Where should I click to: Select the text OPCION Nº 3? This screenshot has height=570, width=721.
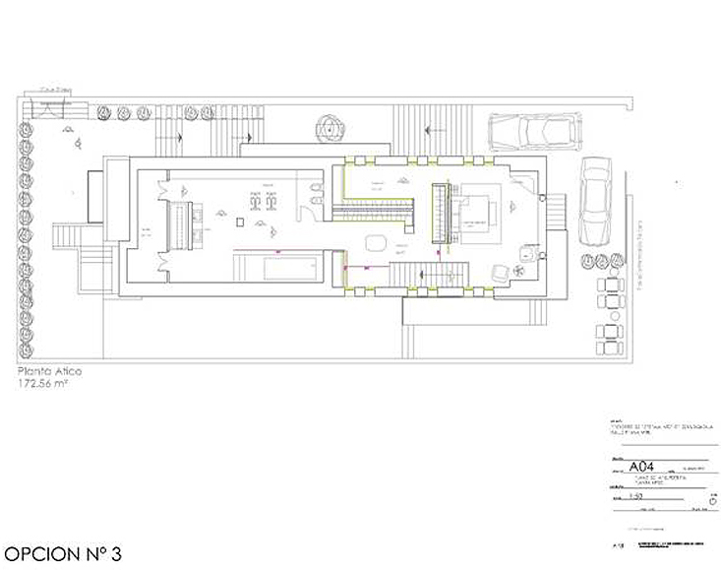pos(62,552)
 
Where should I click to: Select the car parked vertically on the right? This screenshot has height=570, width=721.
pos(596,201)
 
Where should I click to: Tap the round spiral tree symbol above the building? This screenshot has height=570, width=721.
pos(328,127)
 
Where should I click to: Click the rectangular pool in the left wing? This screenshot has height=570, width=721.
pos(277,266)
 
